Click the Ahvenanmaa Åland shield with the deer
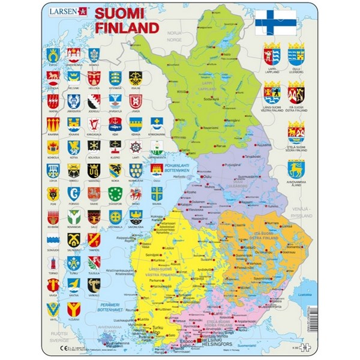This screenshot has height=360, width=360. pos(296,170)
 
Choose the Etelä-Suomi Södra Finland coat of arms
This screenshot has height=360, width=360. pos(296,131)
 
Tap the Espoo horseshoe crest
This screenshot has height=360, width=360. pos(53,55)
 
